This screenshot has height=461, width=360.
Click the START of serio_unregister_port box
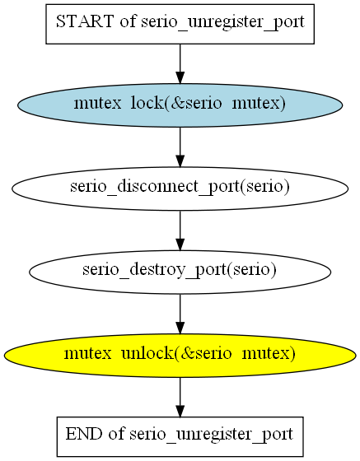[x=180, y=24]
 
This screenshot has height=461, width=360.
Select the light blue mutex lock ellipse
[x=180, y=105]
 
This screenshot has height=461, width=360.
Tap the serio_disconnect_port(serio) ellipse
[x=180, y=189]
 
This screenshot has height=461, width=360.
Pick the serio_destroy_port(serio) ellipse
[x=180, y=272]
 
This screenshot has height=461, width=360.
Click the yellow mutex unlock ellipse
[x=180, y=356]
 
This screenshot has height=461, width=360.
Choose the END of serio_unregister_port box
[x=180, y=436]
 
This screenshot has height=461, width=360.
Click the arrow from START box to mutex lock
[x=180, y=64]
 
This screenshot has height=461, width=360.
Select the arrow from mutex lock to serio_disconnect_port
[x=180, y=147]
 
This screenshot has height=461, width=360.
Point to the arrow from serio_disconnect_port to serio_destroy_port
[x=180, y=230]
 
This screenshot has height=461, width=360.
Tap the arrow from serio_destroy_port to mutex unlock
[x=180, y=314]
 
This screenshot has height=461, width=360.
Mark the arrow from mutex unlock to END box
[x=180, y=397]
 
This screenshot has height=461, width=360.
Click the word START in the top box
[x=85, y=21]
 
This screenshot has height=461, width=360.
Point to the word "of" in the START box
[x=128, y=21]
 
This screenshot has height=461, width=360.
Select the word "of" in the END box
[x=116, y=434]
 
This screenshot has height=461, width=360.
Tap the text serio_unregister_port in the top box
[x=222, y=23]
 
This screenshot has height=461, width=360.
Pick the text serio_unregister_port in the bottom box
[x=212, y=435]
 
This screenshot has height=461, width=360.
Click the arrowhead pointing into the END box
[x=180, y=411]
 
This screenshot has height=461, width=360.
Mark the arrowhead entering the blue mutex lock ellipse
[x=180, y=78]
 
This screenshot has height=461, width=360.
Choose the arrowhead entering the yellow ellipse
[x=180, y=328]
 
